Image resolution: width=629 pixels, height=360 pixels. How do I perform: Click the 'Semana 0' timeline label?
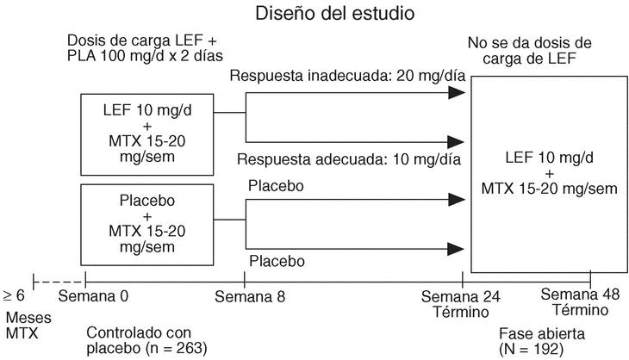(x=93, y=298)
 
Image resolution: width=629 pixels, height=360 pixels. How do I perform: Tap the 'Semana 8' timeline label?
(x=249, y=298)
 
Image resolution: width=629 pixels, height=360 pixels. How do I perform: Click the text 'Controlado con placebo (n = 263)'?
(x=146, y=340)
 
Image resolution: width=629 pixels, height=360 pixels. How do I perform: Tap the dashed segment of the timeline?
(x=59, y=280)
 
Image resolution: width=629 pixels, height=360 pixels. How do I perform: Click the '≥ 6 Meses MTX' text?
(x=20, y=316)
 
